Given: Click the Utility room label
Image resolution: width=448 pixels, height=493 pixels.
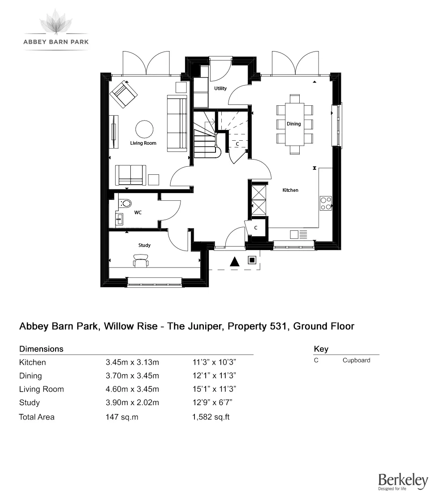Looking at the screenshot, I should [x=220, y=89].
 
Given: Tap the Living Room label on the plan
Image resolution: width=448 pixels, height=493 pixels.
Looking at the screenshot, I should [x=143, y=143].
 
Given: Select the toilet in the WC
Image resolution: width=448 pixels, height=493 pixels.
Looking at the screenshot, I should [x=126, y=204].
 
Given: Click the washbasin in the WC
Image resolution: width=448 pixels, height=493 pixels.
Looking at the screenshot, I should [x=120, y=219].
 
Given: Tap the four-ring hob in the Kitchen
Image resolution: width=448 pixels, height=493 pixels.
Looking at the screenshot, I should [x=326, y=203].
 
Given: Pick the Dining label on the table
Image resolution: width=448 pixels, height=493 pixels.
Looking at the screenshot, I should [x=294, y=124].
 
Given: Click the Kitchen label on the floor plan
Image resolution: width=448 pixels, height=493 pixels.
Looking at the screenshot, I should [x=290, y=190].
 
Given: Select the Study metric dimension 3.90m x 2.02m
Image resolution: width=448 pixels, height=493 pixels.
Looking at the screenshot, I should [x=132, y=403].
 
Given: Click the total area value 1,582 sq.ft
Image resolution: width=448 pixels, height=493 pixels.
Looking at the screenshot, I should [x=211, y=417].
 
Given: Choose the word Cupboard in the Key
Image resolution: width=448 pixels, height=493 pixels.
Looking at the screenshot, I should [x=356, y=360].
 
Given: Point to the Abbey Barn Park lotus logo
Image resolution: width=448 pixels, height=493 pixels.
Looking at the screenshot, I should [x=56, y=22].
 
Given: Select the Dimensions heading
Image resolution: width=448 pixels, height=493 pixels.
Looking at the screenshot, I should [x=41, y=349].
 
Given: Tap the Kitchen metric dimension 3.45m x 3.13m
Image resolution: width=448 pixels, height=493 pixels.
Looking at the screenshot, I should [x=132, y=362].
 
